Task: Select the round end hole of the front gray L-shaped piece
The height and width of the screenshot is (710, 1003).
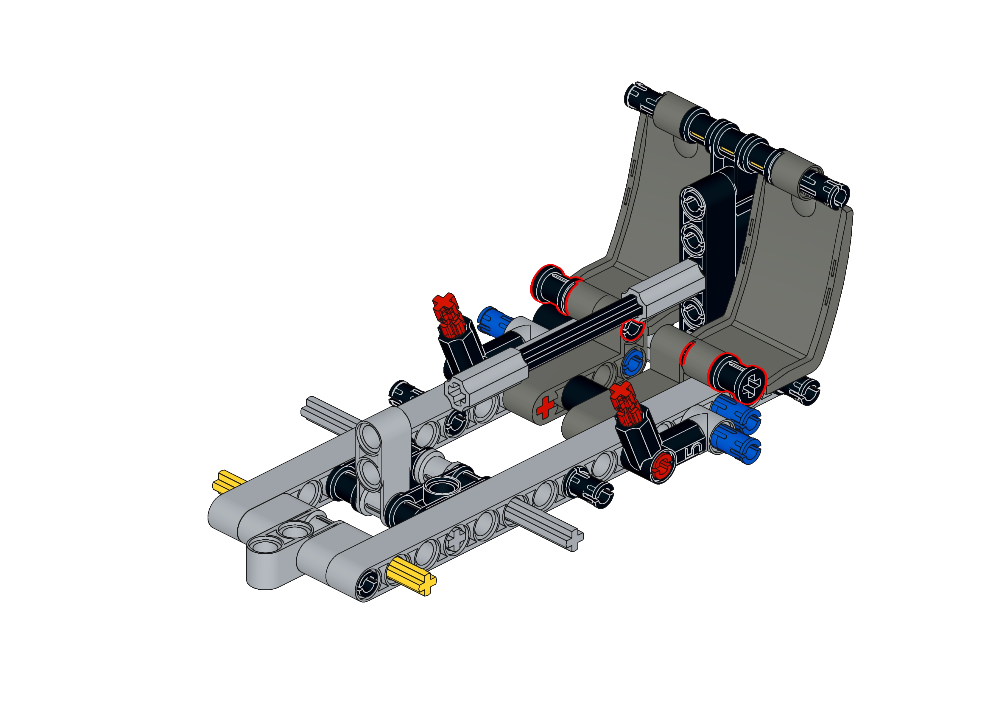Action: tap(264, 548)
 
